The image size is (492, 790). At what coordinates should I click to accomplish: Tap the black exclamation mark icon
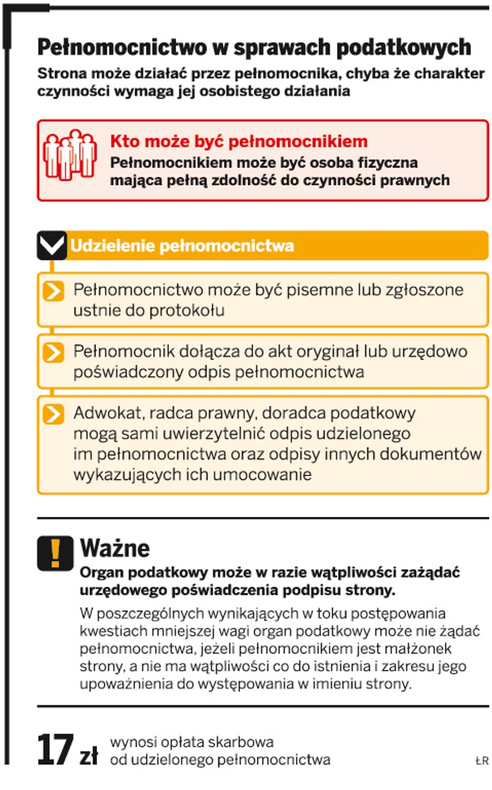[55, 553]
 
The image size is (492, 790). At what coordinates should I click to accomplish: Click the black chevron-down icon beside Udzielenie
[51, 246]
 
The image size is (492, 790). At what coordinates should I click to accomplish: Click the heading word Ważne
[115, 547]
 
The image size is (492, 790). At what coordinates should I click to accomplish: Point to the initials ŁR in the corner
[482, 761]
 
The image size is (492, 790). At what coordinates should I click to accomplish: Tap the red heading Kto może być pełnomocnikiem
[239, 142]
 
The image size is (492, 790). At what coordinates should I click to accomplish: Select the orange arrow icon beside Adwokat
[54, 415]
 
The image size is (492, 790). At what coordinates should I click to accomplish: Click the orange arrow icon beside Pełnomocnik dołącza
[54, 353]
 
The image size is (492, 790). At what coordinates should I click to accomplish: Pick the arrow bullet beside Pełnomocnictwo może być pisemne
[54, 291]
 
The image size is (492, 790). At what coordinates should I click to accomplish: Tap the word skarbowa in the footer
[246, 742]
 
